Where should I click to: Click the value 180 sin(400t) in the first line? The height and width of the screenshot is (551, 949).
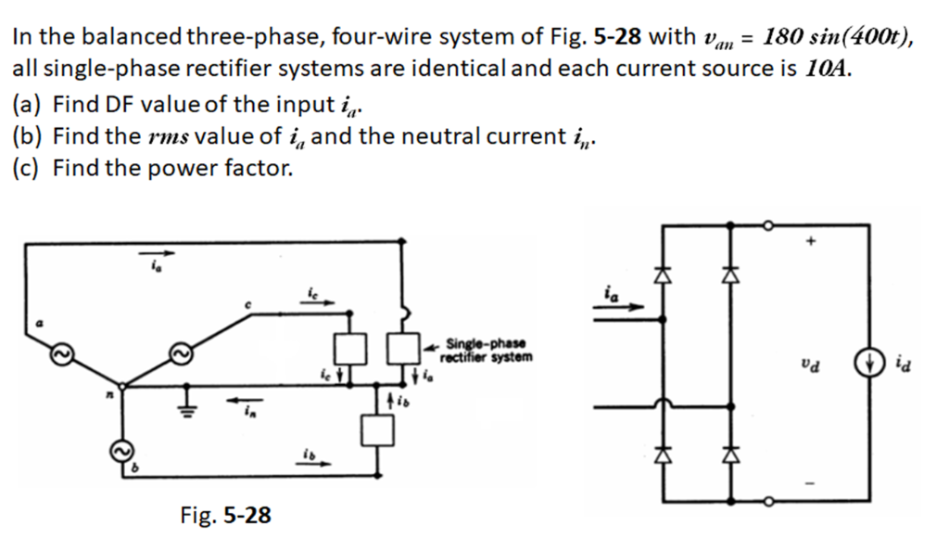click(837, 37)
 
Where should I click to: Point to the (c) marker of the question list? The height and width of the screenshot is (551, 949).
click(28, 169)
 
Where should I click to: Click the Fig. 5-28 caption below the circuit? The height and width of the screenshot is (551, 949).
click(225, 515)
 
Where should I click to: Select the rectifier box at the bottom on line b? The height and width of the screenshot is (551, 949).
click(376, 429)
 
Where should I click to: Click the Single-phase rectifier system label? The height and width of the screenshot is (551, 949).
click(488, 350)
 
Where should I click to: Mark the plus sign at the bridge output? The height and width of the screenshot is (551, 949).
click(812, 243)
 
